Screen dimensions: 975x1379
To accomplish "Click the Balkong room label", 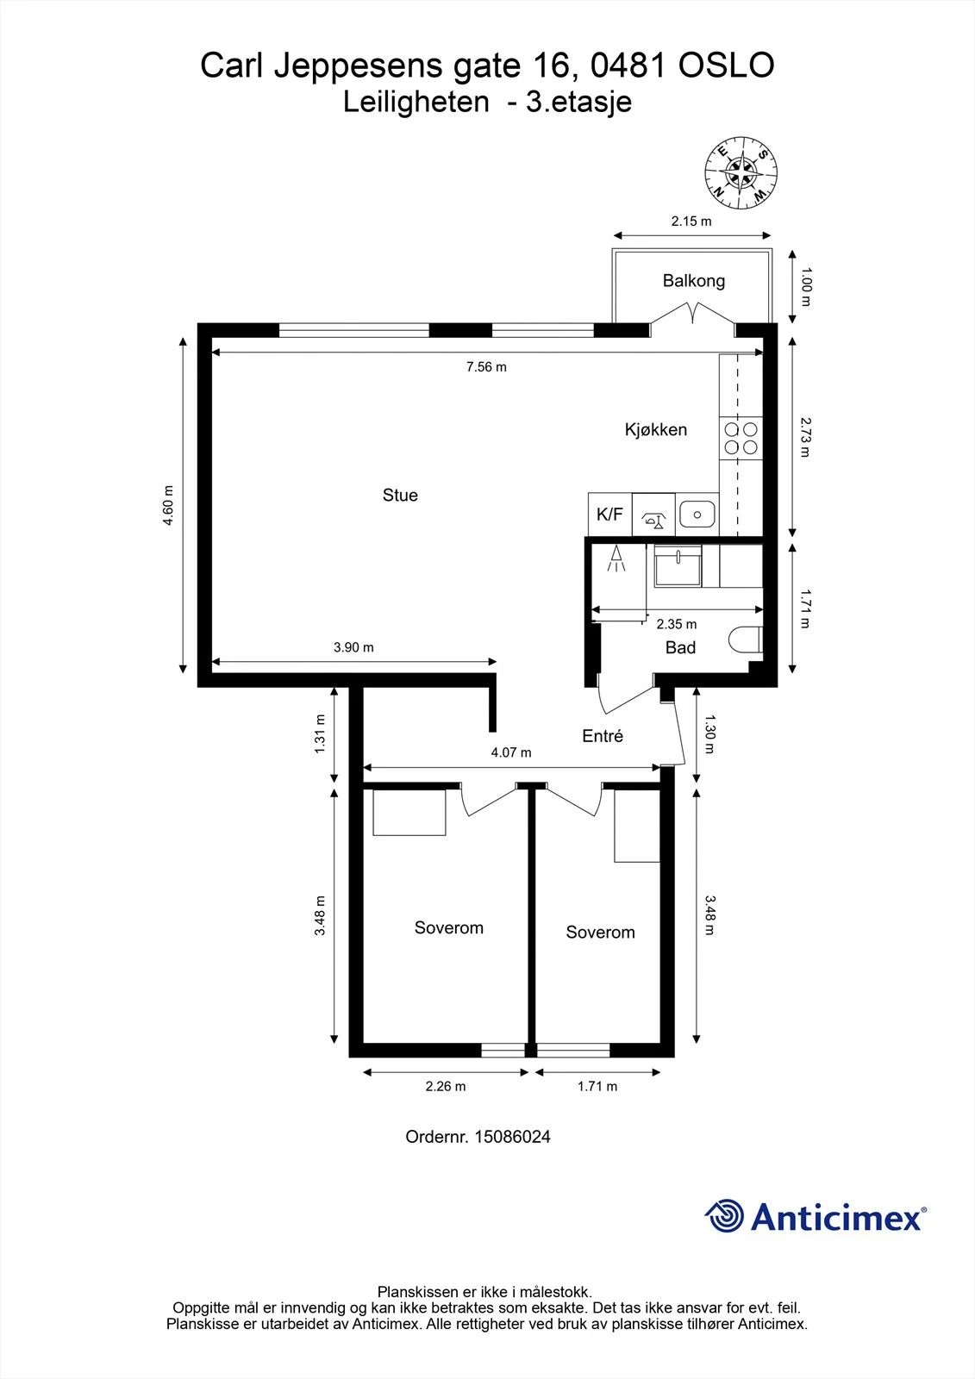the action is [693, 281].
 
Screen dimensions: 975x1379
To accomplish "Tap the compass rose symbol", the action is [741, 172].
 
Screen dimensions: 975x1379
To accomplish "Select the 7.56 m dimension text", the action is [486, 367].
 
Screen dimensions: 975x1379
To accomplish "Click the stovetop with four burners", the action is [741, 438].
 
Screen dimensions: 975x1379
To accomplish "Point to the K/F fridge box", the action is [609, 514].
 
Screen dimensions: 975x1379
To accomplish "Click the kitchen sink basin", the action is [697, 514].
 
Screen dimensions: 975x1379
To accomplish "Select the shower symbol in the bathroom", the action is [616, 558].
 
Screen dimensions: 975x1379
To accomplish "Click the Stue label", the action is [400, 495].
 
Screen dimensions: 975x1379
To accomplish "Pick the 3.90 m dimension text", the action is [353, 647].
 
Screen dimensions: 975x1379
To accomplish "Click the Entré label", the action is [603, 736].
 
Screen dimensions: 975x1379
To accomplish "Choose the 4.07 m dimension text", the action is [511, 752].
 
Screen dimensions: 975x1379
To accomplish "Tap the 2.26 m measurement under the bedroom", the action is [446, 1086].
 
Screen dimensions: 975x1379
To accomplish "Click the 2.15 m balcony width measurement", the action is [691, 221].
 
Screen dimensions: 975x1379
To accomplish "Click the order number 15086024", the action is [512, 1137].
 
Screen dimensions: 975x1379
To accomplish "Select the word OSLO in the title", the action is [726, 66].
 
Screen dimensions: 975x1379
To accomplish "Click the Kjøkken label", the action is [656, 430].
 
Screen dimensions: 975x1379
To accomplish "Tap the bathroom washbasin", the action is [678, 565].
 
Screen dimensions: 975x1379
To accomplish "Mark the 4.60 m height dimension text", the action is [167, 505].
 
